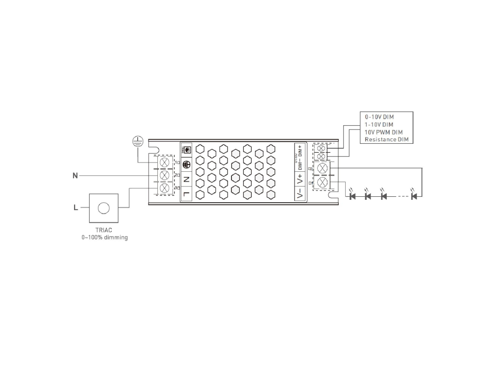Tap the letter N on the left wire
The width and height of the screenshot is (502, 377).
(75, 175)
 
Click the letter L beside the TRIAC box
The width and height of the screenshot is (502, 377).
(75, 208)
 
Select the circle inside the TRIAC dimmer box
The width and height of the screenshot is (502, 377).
(104, 208)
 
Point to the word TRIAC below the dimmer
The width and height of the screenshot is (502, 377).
(104, 230)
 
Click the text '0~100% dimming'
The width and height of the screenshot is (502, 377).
(104, 238)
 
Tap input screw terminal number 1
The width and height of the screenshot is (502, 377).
(165, 162)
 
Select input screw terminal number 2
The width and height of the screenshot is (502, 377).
(165, 175)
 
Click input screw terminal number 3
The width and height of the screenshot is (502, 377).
(165, 188)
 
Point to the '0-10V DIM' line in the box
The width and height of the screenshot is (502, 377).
(379, 117)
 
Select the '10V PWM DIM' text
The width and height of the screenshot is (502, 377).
(383, 132)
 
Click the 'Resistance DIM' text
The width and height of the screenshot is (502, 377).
(387, 140)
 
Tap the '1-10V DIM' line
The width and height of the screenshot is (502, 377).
(379, 125)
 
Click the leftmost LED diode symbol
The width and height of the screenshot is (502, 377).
(352, 196)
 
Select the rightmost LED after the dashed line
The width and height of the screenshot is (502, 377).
(414, 196)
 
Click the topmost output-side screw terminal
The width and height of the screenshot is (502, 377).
(322, 148)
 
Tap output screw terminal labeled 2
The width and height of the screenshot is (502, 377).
(323, 168)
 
